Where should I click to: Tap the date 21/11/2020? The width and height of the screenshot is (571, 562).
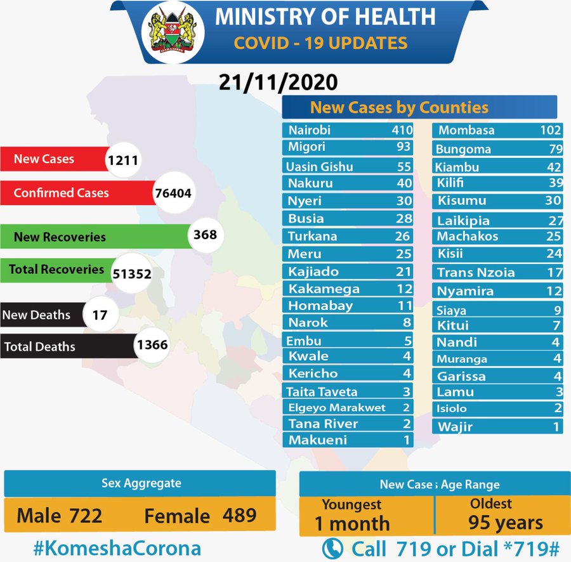(x=278, y=82)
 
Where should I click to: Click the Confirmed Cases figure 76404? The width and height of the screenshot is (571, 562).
(x=173, y=193)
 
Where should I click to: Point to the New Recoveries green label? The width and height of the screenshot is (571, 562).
(x=60, y=237)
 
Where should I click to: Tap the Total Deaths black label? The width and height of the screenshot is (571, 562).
(x=40, y=347)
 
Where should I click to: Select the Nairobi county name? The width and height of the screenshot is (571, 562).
(x=310, y=131)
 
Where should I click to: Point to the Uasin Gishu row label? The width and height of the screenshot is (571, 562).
(x=319, y=167)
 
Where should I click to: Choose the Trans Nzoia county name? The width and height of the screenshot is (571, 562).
(x=475, y=273)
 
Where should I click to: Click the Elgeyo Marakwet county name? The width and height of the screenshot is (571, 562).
(x=336, y=407)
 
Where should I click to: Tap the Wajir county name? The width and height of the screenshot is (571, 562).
(x=455, y=426)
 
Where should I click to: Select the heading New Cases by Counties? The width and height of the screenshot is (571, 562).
(x=399, y=107)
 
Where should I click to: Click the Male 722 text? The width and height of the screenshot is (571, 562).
(x=59, y=515)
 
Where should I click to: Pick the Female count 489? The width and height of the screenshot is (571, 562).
(x=239, y=515)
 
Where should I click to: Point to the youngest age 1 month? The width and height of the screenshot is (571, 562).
(x=352, y=523)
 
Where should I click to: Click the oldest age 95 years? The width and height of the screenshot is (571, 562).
(x=506, y=523)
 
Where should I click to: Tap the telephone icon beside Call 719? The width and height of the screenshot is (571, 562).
(x=333, y=547)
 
